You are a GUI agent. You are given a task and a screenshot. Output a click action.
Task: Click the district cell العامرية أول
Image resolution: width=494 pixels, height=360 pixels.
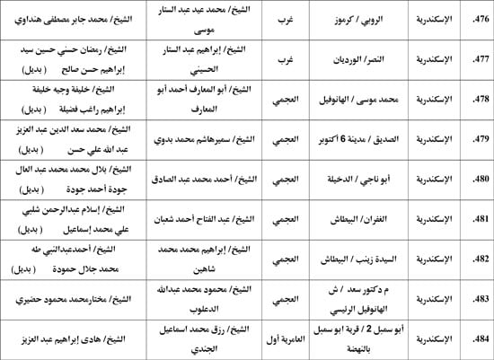(281, 339)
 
